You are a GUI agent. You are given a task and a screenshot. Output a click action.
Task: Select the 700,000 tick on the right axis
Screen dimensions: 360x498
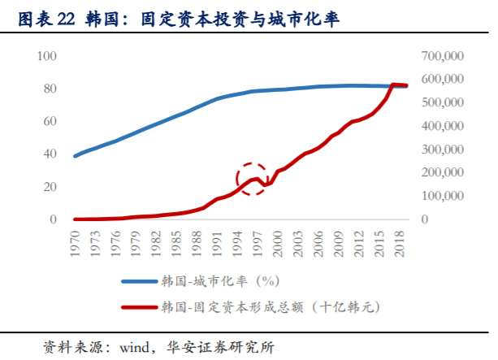click(x=443, y=55)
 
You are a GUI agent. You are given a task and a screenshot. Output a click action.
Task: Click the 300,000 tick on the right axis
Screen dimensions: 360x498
click(x=443, y=150)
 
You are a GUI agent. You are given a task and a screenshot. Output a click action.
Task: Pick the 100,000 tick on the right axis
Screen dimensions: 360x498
click(x=443, y=197)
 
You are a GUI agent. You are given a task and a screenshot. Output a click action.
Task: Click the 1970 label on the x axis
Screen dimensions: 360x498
click(x=76, y=242)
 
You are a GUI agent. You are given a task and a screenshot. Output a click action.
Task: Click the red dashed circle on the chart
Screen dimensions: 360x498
click(x=253, y=177)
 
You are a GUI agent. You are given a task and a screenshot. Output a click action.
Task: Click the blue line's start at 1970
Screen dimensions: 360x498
click(x=76, y=156)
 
